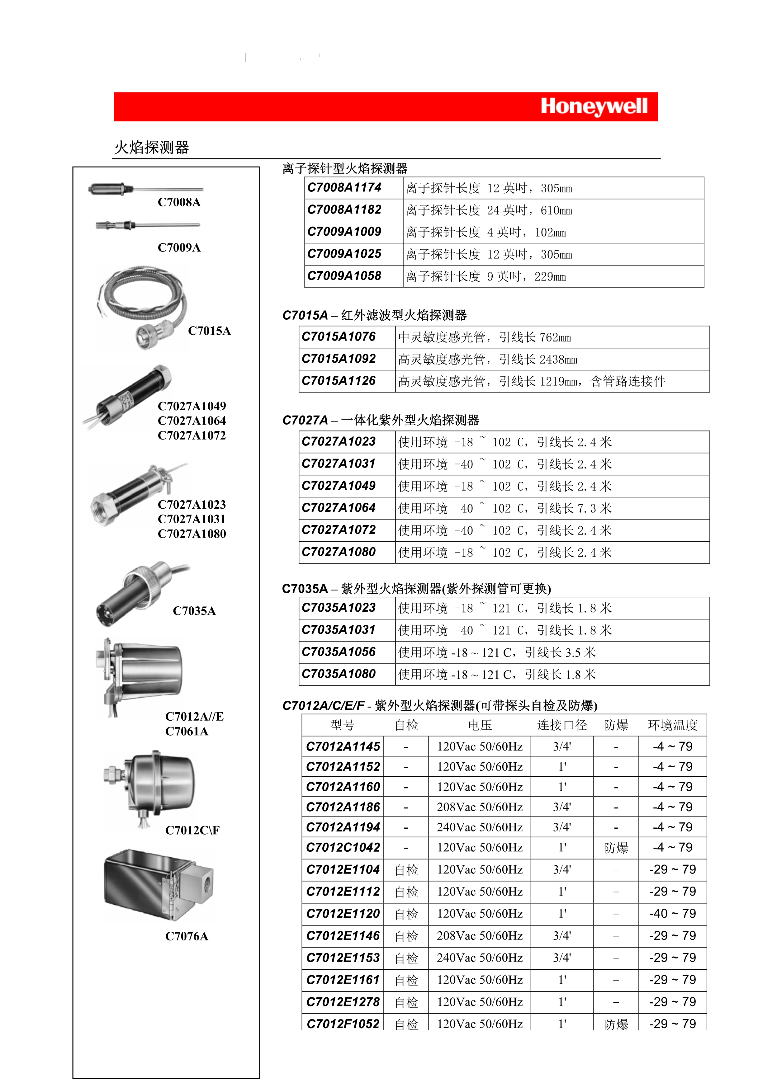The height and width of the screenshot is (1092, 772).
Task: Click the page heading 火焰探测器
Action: (152, 148)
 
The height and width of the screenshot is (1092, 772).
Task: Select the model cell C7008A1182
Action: (344, 210)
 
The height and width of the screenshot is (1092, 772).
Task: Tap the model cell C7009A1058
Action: (344, 276)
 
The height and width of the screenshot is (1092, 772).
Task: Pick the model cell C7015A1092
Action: (339, 359)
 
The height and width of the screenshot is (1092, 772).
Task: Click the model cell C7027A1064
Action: (339, 508)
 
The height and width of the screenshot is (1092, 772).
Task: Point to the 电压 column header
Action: (480, 725)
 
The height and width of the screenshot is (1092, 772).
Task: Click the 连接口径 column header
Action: (562, 725)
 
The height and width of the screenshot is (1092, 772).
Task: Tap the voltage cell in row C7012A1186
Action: (480, 807)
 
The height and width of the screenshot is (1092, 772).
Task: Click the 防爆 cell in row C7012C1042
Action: (616, 848)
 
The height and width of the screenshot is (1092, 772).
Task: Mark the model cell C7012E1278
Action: (343, 1002)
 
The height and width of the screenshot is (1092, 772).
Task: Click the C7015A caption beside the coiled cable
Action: (209, 331)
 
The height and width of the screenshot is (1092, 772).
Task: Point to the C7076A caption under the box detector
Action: (187, 936)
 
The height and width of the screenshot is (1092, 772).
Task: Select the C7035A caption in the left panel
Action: (194, 611)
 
